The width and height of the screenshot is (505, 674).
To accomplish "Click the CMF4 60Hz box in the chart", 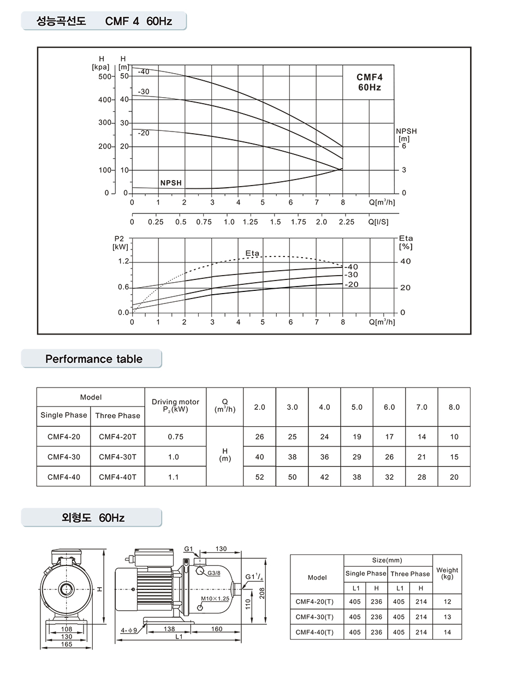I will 369,82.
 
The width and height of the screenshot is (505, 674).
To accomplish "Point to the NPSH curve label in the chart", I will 171,183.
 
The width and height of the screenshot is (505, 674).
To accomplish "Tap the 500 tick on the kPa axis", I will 104,76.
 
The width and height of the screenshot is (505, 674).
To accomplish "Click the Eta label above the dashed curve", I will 252,254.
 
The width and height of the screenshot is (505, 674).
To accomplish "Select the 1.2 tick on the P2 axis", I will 123,261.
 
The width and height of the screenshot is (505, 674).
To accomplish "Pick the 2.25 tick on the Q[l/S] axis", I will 346,222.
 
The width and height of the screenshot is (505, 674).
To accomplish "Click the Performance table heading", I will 93,359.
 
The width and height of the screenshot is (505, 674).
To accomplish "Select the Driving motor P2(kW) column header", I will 175,405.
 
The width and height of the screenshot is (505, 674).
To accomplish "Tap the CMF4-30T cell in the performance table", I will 117,457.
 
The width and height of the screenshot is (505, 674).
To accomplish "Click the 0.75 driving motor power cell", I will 175,437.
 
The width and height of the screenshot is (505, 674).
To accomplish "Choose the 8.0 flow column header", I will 454,407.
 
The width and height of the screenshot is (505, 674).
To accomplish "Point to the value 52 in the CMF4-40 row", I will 259,477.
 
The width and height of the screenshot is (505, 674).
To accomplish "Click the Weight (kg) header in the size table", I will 447,573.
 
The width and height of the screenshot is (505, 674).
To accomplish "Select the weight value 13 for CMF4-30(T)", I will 447,617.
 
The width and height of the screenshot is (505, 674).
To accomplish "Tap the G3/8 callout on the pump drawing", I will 213,573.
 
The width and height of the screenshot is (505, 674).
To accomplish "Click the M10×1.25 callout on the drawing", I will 215,599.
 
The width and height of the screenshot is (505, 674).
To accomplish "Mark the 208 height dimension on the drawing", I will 262,593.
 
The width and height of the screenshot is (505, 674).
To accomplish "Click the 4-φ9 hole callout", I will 129,630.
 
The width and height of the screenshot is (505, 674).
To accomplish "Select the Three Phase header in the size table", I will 410,574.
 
